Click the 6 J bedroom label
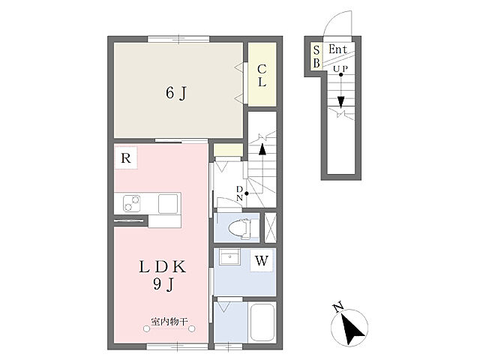[176, 93]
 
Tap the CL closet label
[262, 76]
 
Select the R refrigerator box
[126, 158]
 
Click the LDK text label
[162, 267]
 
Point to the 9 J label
[163, 285]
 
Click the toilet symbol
[239, 228]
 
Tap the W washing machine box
[262, 260]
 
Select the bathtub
[262, 322]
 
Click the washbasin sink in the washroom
[229, 256]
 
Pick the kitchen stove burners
[132, 203]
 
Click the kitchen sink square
[168, 203]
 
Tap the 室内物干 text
[169, 322]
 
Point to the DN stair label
[239, 193]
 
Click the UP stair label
[340, 69]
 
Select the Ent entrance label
[337, 49]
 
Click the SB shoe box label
[316, 57]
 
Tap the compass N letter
[338, 307]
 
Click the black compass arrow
[352, 331]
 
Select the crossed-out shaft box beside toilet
[270, 228]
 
